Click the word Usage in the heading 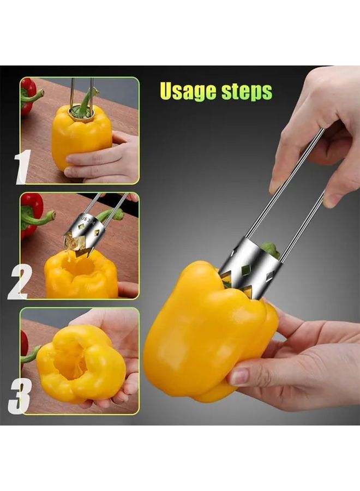(x=188, y=91)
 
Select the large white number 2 (x=20, y=282)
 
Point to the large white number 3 (x=20, y=397)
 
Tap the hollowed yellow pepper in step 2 (x=80, y=275)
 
